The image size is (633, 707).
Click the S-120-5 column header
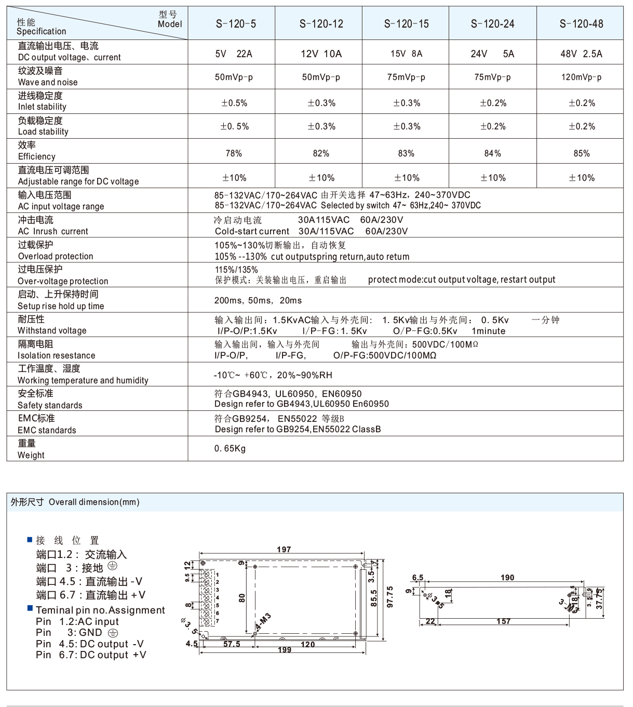pos(236,23)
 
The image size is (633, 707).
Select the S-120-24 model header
pos(492,23)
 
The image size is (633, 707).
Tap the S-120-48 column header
pos(581,23)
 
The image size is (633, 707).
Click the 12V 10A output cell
pos(321,54)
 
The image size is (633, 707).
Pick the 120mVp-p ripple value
pos(581,77)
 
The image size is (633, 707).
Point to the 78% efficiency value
pos(234,153)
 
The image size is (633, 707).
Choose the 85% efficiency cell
pos(582,153)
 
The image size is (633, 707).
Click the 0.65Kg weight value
pos(230,448)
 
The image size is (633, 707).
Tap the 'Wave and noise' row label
pos(48,82)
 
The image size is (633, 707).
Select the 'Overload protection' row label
pos(56,256)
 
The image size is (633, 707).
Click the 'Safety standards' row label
pos(50,405)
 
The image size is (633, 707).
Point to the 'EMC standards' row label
pos(47,430)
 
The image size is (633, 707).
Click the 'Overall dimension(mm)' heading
pos(94,502)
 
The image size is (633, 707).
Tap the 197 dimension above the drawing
pos(284,550)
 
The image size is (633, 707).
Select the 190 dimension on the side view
pos(507,578)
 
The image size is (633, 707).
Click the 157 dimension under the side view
pos(503,621)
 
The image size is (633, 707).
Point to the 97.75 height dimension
pos(390,597)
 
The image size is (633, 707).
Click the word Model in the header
pos(170,24)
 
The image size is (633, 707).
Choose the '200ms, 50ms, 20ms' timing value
pos(258,300)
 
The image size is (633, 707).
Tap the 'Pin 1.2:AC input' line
pos(77,622)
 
